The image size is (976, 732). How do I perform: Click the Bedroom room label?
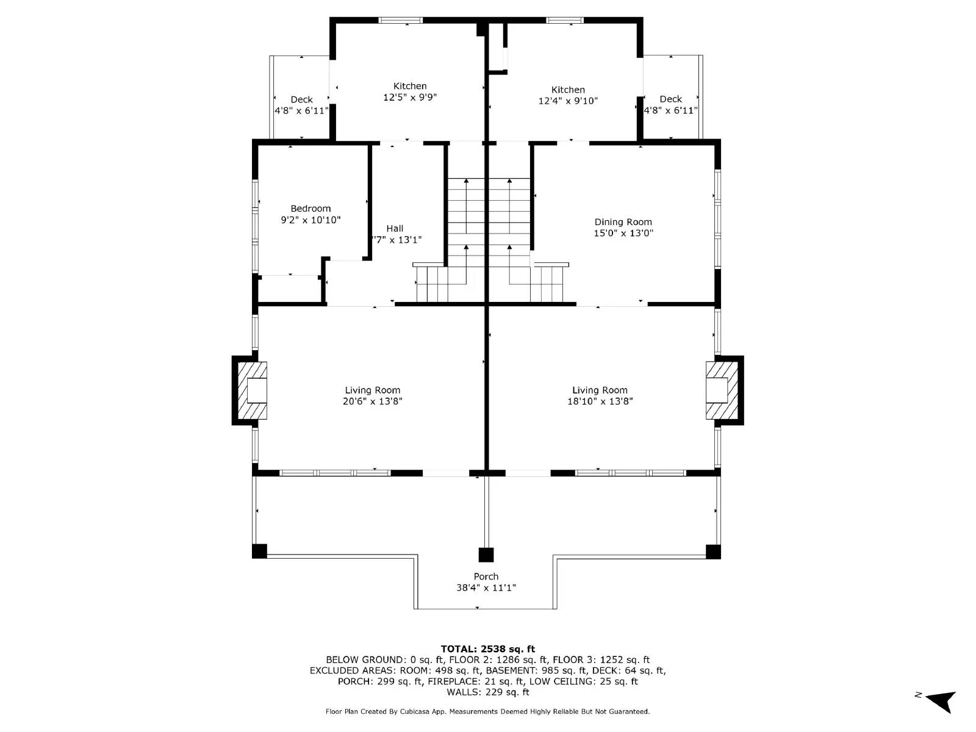[310, 209]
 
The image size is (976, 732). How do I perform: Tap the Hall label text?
[395, 229]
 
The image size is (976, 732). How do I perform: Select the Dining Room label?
[623, 222]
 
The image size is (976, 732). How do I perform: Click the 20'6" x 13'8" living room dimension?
[372, 401]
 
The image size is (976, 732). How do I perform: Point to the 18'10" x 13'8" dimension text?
[600, 401]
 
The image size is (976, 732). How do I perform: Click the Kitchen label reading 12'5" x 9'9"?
[410, 86]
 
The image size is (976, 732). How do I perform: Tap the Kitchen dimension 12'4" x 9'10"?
[567, 101]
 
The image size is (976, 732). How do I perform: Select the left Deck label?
[301, 99]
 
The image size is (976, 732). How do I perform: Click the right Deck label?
[670, 99]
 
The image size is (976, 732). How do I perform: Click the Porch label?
[486, 576]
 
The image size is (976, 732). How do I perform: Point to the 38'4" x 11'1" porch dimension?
[486, 588]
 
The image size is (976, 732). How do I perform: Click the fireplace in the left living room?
[251, 390]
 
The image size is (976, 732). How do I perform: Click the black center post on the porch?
[486, 555]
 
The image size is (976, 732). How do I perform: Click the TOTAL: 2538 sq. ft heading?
[487, 649]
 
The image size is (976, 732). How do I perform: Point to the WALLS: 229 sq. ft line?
[487, 692]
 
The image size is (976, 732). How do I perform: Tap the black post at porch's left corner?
[260, 551]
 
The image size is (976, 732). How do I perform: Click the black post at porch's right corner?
[713, 551]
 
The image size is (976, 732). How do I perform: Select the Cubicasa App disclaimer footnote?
[487, 711]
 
